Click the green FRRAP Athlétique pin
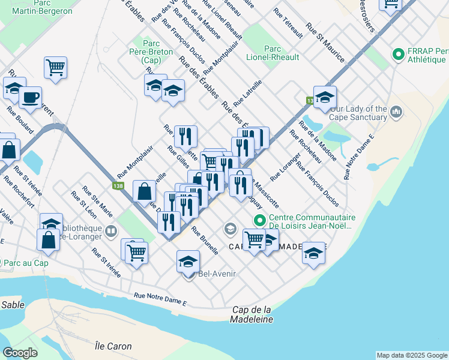coord(397,55)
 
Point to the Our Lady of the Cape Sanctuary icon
coord(396,112)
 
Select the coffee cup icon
coord(30,97)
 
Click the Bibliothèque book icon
coord(111,231)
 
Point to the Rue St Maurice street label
coord(325,43)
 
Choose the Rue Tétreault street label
coord(288,23)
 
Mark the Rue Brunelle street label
coord(205,241)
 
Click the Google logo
coord(20,353)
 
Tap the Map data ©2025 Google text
coord(412,355)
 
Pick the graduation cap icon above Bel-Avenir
coord(188,261)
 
